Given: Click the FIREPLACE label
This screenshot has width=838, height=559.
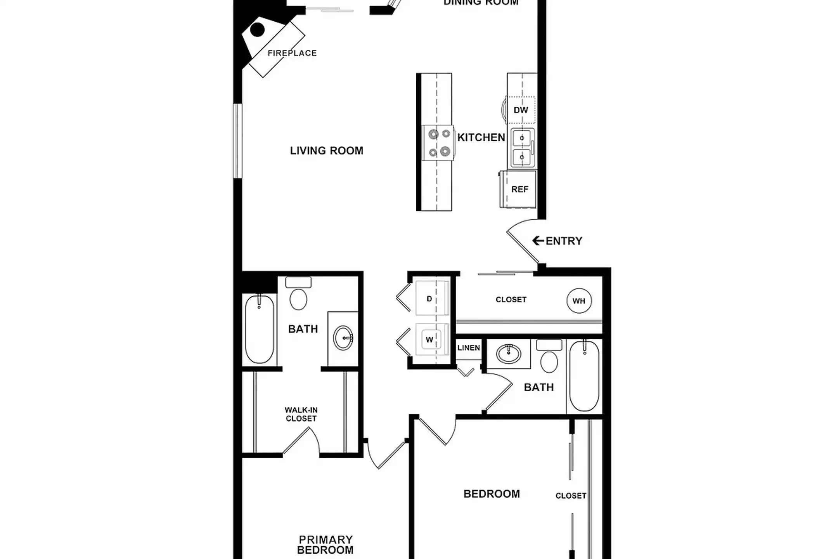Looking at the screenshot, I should [x=292, y=53].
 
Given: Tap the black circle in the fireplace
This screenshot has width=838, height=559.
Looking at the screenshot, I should [x=257, y=30].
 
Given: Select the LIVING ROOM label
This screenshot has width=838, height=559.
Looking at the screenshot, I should [x=327, y=151].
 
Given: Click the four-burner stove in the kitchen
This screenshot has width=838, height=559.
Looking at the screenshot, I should [x=439, y=142].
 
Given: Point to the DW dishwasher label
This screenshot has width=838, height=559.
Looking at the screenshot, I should [x=521, y=110].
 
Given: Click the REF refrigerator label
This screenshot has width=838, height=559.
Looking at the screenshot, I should [x=519, y=189].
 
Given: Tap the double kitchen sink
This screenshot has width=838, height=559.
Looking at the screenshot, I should [x=522, y=148].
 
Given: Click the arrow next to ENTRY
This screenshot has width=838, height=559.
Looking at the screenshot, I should [x=538, y=241].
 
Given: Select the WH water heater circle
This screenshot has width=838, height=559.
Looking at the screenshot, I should [x=579, y=301].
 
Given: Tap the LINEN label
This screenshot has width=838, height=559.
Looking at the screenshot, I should [x=469, y=348].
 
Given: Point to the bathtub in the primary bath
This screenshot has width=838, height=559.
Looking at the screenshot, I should [x=260, y=329].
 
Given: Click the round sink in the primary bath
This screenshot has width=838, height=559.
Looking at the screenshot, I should [x=343, y=338].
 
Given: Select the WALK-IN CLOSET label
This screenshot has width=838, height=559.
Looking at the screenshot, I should [x=301, y=414].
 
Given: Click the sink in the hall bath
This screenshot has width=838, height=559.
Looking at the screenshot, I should [x=508, y=354].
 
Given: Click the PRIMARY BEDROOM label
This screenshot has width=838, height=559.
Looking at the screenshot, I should [x=325, y=545].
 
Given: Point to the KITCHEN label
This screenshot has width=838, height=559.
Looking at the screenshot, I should [x=481, y=137].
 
